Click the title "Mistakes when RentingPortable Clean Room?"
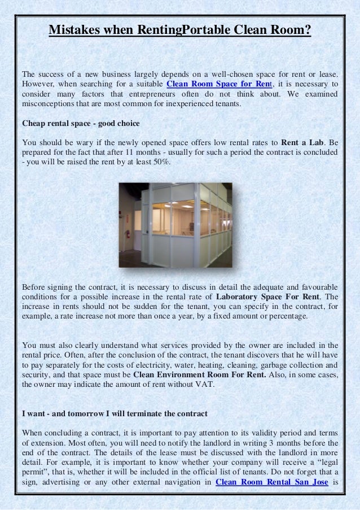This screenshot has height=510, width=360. [180, 29]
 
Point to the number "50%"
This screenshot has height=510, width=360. [165, 162]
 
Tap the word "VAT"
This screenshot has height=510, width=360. [206, 385]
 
